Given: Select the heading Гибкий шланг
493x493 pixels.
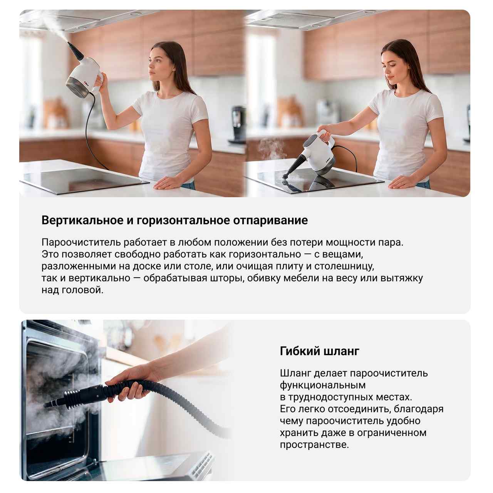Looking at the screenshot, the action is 320,352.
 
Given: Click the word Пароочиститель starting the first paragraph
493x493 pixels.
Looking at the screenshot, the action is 81,243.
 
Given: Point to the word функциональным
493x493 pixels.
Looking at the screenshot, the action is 323,386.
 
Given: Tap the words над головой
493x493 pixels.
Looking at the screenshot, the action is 72,290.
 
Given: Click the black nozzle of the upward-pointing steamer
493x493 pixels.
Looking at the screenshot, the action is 75,51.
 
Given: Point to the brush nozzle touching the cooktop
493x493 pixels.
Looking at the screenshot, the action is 286,176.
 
